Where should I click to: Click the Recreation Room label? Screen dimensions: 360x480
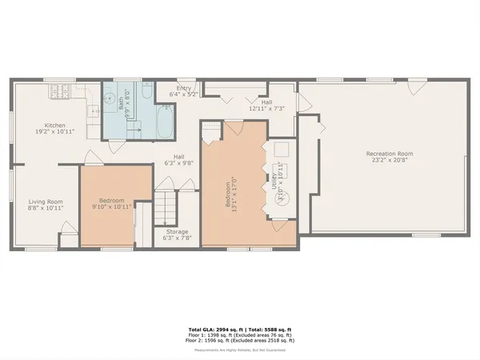[389, 153]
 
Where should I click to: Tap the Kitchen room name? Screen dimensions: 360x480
[54, 125]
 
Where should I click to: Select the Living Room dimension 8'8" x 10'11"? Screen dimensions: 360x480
[46, 207]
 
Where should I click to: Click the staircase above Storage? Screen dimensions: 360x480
[166, 208]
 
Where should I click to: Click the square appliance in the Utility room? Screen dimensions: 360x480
[281, 152]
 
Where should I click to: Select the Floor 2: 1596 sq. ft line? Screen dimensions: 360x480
[239, 340]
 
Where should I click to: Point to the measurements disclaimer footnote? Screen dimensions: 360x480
[239, 350]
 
